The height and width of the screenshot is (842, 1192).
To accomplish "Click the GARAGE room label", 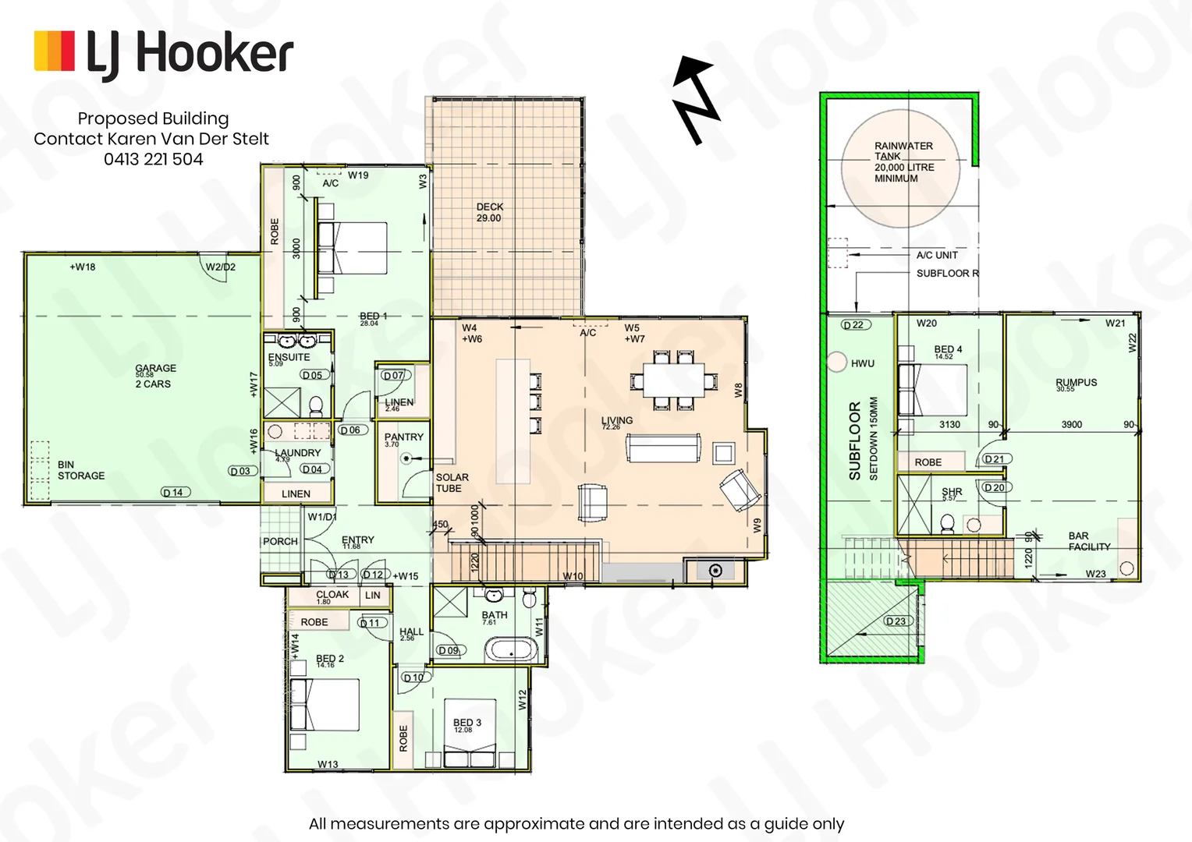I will click(x=155, y=369).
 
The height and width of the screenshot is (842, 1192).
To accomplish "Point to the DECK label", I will click(x=489, y=207).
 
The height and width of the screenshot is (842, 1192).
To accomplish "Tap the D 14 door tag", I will click(x=176, y=492).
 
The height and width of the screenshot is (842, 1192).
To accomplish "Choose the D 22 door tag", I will click(x=856, y=325).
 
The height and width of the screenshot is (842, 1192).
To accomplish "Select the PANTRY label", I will click(x=403, y=437).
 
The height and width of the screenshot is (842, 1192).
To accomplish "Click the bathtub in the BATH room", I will click(x=510, y=649).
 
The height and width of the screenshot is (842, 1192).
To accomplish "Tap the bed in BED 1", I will click(x=353, y=249).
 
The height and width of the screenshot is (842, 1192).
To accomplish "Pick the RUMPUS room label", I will click(x=1076, y=383).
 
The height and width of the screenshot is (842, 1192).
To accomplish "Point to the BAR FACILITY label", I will click(x=1088, y=541).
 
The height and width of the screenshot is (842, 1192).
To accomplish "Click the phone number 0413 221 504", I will click(x=153, y=159).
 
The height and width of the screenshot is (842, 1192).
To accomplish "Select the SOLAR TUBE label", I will click(x=452, y=483).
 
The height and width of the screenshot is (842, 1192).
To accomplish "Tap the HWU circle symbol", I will click(x=836, y=363).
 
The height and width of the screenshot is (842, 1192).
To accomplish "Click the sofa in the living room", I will click(x=663, y=450).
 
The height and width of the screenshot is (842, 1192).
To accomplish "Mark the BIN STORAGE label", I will click(x=80, y=470).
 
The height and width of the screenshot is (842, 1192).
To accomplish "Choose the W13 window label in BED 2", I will click(x=328, y=764).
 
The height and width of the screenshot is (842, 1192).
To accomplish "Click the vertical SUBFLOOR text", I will click(x=854, y=440).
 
